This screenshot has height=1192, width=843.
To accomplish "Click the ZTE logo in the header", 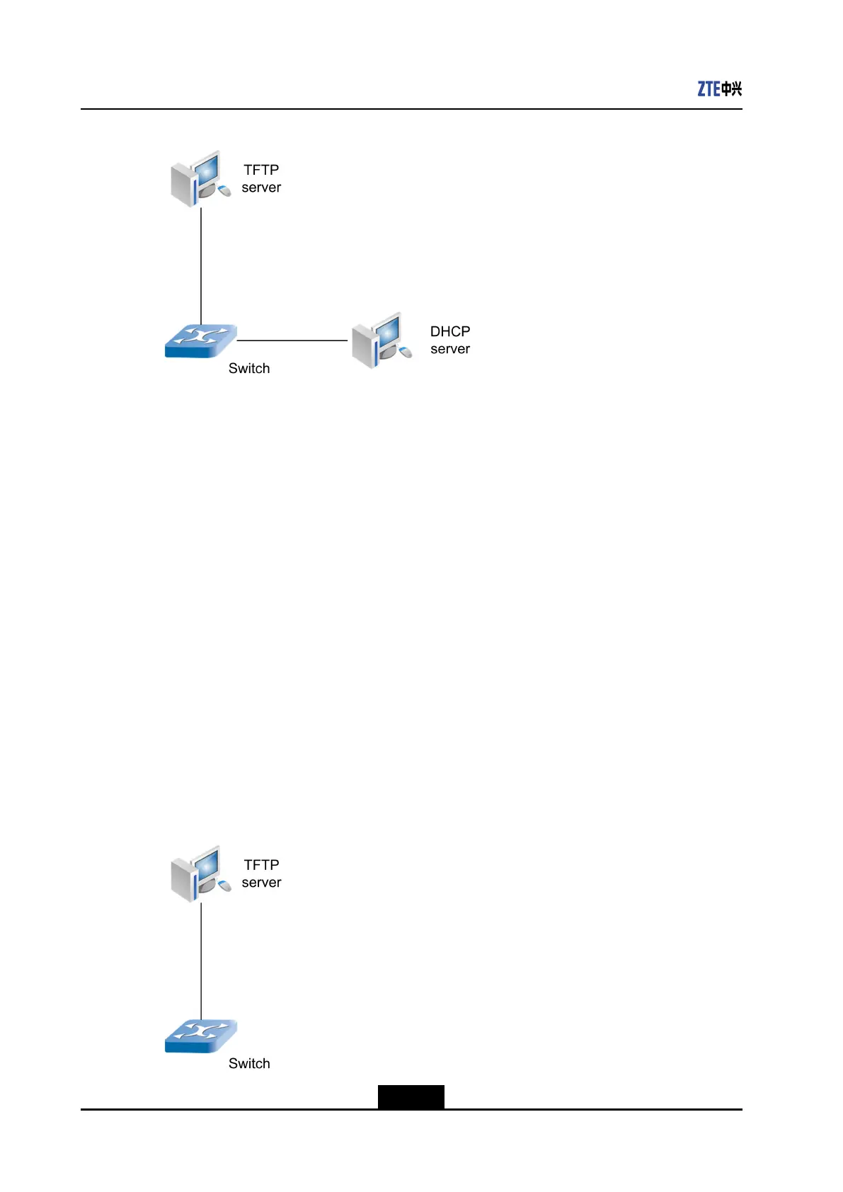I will [x=719, y=88].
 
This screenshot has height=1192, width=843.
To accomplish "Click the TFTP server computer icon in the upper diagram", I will [x=198, y=179].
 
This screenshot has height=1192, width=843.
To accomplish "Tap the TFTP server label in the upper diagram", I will [x=261, y=178].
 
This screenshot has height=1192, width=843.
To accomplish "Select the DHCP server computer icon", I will [x=380, y=340].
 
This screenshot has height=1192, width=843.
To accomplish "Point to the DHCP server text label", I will [x=450, y=340].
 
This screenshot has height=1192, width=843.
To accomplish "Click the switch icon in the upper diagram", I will [x=200, y=340].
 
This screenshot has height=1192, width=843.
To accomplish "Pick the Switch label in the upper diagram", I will [x=249, y=368].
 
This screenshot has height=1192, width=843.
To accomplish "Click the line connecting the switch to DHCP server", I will [x=292, y=340].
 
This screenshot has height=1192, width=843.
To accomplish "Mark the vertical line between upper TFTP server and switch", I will [x=201, y=265].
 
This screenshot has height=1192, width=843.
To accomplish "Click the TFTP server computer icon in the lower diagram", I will [x=198, y=874].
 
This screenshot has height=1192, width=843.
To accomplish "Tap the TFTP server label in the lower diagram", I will [x=261, y=873].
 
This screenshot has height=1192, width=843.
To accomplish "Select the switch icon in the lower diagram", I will [x=200, y=1036].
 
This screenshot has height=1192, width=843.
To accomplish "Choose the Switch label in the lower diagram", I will [x=249, y=1063].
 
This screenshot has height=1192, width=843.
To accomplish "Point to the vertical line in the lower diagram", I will [x=201, y=961].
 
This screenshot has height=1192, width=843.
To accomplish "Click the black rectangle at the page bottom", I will [x=411, y=1096].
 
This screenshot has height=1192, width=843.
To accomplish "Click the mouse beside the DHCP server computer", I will [x=406, y=352].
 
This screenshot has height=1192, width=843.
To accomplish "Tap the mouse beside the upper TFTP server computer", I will [x=224, y=190].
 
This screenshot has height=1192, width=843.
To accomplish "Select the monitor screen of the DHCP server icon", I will [x=389, y=331].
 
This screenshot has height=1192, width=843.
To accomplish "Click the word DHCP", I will [x=450, y=331].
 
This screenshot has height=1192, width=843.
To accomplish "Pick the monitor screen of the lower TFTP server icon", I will [x=207, y=864].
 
